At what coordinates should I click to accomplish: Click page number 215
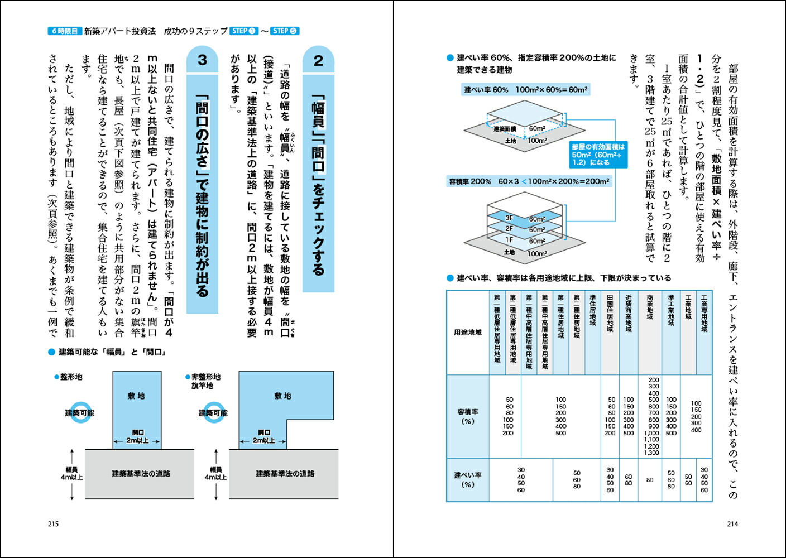tap(53, 524)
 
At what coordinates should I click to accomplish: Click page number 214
tap(732, 524)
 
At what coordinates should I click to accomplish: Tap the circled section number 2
tap(318, 60)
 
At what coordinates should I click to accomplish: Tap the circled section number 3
tap(202, 60)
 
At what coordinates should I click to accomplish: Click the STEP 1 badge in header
tap(243, 31)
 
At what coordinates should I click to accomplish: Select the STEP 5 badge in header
tap(285, 31)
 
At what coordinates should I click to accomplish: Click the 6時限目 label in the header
tap(64, 31)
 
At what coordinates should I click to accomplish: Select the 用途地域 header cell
tap(468, 333)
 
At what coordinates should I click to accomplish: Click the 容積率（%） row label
tap(468, 416)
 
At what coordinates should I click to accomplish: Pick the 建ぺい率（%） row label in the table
tap(468, 480)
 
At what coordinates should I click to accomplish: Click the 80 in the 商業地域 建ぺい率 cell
tap(650, 480)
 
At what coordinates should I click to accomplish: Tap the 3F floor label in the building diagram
tap(509, 218)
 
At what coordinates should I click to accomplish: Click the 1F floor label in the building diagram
tap(509, 240)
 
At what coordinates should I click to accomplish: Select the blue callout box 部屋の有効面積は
tap(598, 155)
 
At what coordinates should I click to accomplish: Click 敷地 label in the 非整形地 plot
tap(282, 396)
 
